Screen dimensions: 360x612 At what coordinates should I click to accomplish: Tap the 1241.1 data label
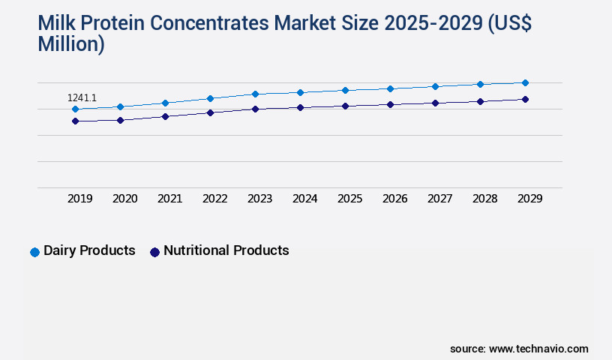(82, 97)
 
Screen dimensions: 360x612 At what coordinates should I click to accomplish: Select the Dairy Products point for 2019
(75, 109)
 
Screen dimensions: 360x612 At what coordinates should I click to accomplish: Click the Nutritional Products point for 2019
(75, 121)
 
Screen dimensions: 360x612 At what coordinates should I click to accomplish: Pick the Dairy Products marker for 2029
(525, 82)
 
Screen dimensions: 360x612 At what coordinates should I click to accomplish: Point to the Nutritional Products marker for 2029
(525, 99)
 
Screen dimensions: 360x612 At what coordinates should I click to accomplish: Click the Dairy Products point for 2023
(255, 94)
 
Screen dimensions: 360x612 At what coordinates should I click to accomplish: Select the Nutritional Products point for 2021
(165, 116)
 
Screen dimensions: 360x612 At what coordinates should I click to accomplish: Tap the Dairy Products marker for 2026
(390, 88)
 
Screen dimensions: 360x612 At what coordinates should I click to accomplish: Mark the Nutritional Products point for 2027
(435, 103)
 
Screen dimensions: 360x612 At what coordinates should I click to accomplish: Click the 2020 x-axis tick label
(124, 199)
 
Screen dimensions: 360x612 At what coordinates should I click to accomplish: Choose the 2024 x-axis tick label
(304, 199)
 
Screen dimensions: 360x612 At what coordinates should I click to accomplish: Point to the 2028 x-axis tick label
(484, 199)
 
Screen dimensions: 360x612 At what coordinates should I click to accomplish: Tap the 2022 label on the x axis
(214, 199)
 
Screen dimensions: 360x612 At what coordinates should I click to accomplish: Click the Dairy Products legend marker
(34, 252)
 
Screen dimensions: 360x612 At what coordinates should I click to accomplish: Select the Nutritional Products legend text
(226, 250)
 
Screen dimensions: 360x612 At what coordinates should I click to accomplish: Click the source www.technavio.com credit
(519, 349)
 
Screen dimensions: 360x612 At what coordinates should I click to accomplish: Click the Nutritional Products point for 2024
(300, 107)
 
